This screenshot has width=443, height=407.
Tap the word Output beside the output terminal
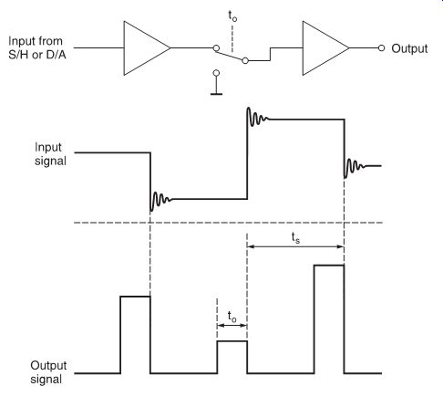tap(409, 48)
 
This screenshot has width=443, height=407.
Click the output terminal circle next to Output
tap(381, 48)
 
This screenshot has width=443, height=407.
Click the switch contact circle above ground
tap(216, 73)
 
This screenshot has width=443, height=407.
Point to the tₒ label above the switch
tap(232, 16)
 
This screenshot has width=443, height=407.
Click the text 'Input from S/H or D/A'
tap(36, 47)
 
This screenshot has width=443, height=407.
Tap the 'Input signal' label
tap(50, 154)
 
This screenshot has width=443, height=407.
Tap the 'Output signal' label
tap(48, 372)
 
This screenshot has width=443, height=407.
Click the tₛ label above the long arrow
tap(295, 238)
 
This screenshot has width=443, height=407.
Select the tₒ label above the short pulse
tap(232, 317)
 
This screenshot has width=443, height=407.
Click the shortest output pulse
tap(232, 341)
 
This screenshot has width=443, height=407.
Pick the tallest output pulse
tap(329, 266)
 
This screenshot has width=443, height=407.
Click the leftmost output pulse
tap(135, 297)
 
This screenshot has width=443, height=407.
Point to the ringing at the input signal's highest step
tap(257, 117)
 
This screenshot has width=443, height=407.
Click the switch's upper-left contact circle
tap(216, 48)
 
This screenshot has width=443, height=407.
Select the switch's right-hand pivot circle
tap(245, 60)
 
